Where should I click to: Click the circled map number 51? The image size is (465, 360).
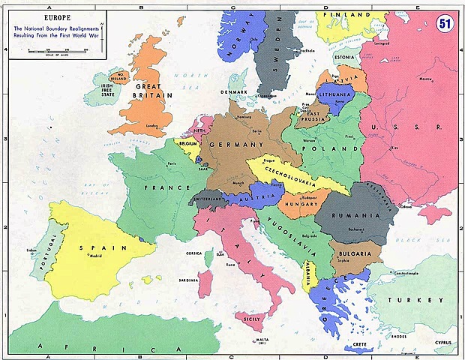tap(445, 22)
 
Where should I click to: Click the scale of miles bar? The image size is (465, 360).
tap(57, 49)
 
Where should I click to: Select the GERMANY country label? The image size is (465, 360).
tap(238, 144)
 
